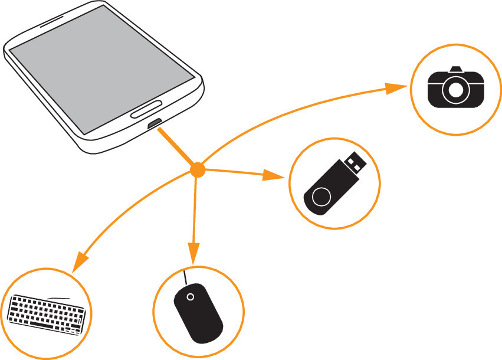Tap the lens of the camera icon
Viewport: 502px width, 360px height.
coord(455,90)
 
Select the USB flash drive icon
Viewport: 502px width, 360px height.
coord(334,183)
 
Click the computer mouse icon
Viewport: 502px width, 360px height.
coord(198,313)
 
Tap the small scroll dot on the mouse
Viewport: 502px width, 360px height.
coord(190,297)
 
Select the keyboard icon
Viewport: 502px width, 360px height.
coord(46,313)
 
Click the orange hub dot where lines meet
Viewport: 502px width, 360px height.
coord(197,171)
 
